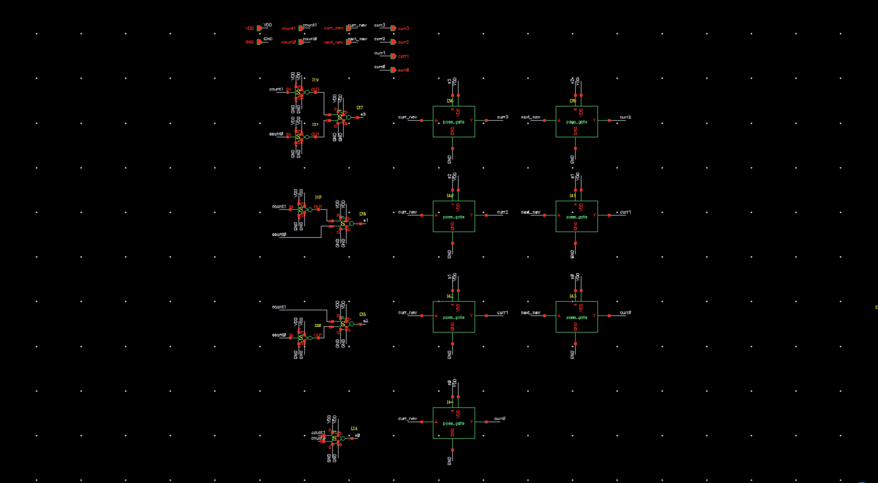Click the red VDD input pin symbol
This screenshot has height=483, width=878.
(259, 28)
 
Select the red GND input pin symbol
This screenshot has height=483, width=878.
(259, 42)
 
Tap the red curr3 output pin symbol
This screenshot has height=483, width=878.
(393, 28)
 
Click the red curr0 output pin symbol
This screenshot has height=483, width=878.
(393, 70)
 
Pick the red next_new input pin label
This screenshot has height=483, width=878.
(333, 42)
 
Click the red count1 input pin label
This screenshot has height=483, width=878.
(288, 29)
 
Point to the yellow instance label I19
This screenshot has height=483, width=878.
(315, 80)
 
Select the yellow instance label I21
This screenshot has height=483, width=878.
(315, 125)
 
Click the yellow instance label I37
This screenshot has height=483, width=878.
(360, 108)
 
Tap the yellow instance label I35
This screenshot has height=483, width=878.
(363, 314)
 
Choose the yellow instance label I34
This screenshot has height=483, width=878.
(354, 428)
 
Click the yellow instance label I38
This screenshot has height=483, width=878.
(363, 214)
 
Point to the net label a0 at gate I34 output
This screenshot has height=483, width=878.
(357, 435)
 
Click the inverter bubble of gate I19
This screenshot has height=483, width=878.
(307, 92)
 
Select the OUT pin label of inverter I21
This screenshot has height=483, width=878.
(315, 134)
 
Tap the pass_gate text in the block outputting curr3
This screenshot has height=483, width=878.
(454, 122)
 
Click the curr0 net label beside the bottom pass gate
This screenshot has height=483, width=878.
(500, 418)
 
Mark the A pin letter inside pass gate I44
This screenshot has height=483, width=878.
(436, 422)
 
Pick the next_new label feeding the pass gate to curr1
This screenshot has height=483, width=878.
(531, 212)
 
